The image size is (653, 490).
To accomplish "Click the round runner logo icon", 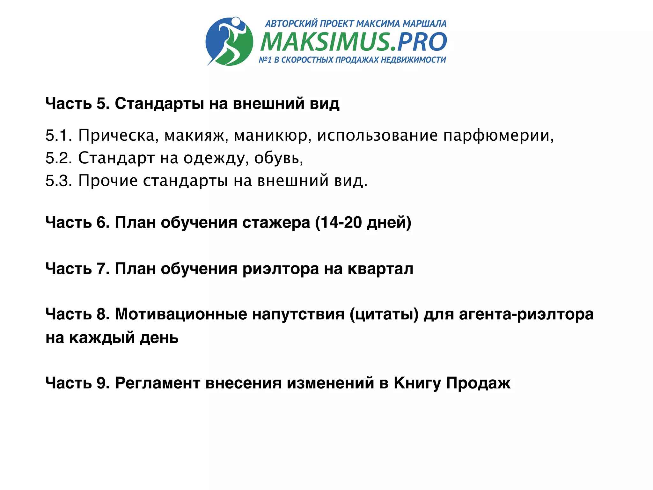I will pyautogui.click(x=230, y=41).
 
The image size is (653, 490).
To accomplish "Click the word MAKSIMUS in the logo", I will pyautogui.click(x=325, y=42).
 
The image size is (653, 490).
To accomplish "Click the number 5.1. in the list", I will pyautogui.click(x=59, y=135).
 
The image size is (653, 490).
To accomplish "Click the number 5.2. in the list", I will pyautogui.click(x=59, y=158).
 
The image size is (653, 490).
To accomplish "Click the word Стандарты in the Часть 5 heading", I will pyautogui.click(x=159, y=103).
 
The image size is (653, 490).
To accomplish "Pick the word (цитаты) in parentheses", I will pyautogui.click(x=384, y=314).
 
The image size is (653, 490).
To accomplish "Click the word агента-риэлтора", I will pyautogui.click(x=526, y=314).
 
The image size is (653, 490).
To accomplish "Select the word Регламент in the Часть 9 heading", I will pyautogui.click(x=158, y=383).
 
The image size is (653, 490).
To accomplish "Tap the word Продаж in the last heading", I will pyautogui.click(x=478, y=383).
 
